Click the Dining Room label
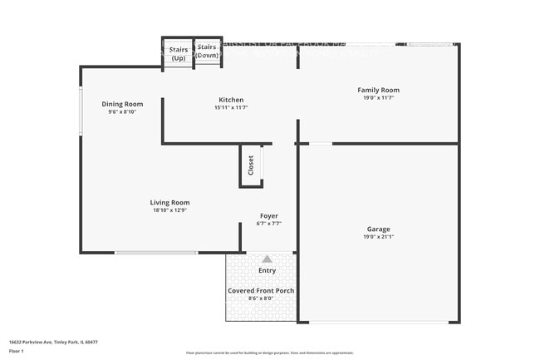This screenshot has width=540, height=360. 122,104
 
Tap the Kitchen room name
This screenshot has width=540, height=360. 231,99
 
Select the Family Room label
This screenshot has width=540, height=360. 378,90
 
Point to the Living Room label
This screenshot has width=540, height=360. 169,202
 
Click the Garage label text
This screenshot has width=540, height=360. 378,229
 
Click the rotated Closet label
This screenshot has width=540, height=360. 251,165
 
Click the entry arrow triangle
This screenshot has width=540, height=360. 267,259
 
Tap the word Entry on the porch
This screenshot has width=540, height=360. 267,270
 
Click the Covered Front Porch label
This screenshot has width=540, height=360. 261,290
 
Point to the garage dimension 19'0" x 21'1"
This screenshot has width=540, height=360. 378,237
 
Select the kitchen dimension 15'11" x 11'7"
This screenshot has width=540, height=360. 231,107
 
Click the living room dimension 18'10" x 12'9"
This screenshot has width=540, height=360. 169,210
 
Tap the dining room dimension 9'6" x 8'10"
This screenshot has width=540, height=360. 122,112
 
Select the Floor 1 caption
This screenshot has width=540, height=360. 17,351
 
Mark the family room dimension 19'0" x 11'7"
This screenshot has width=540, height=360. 378,98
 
